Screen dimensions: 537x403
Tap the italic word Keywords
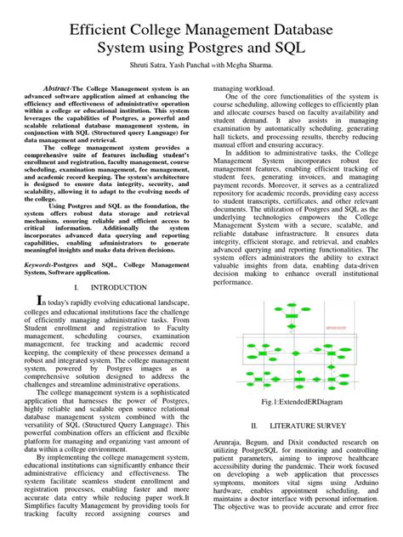(x=39, y=264)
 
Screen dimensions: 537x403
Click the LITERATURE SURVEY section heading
(x=309, y=425)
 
